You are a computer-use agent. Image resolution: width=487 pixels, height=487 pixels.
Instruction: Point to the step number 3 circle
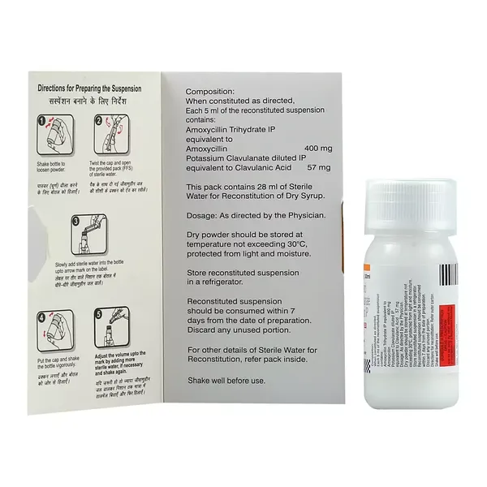(x=74, y=220)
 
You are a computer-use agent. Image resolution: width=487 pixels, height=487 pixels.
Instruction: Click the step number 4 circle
(x=43, y=317)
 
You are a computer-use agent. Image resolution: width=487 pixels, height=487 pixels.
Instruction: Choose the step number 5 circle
(x=97, y=317)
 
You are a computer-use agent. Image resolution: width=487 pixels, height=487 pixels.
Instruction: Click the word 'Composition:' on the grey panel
(x=209, y=93)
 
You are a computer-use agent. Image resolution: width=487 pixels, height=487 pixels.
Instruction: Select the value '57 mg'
(x=317, y=167)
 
